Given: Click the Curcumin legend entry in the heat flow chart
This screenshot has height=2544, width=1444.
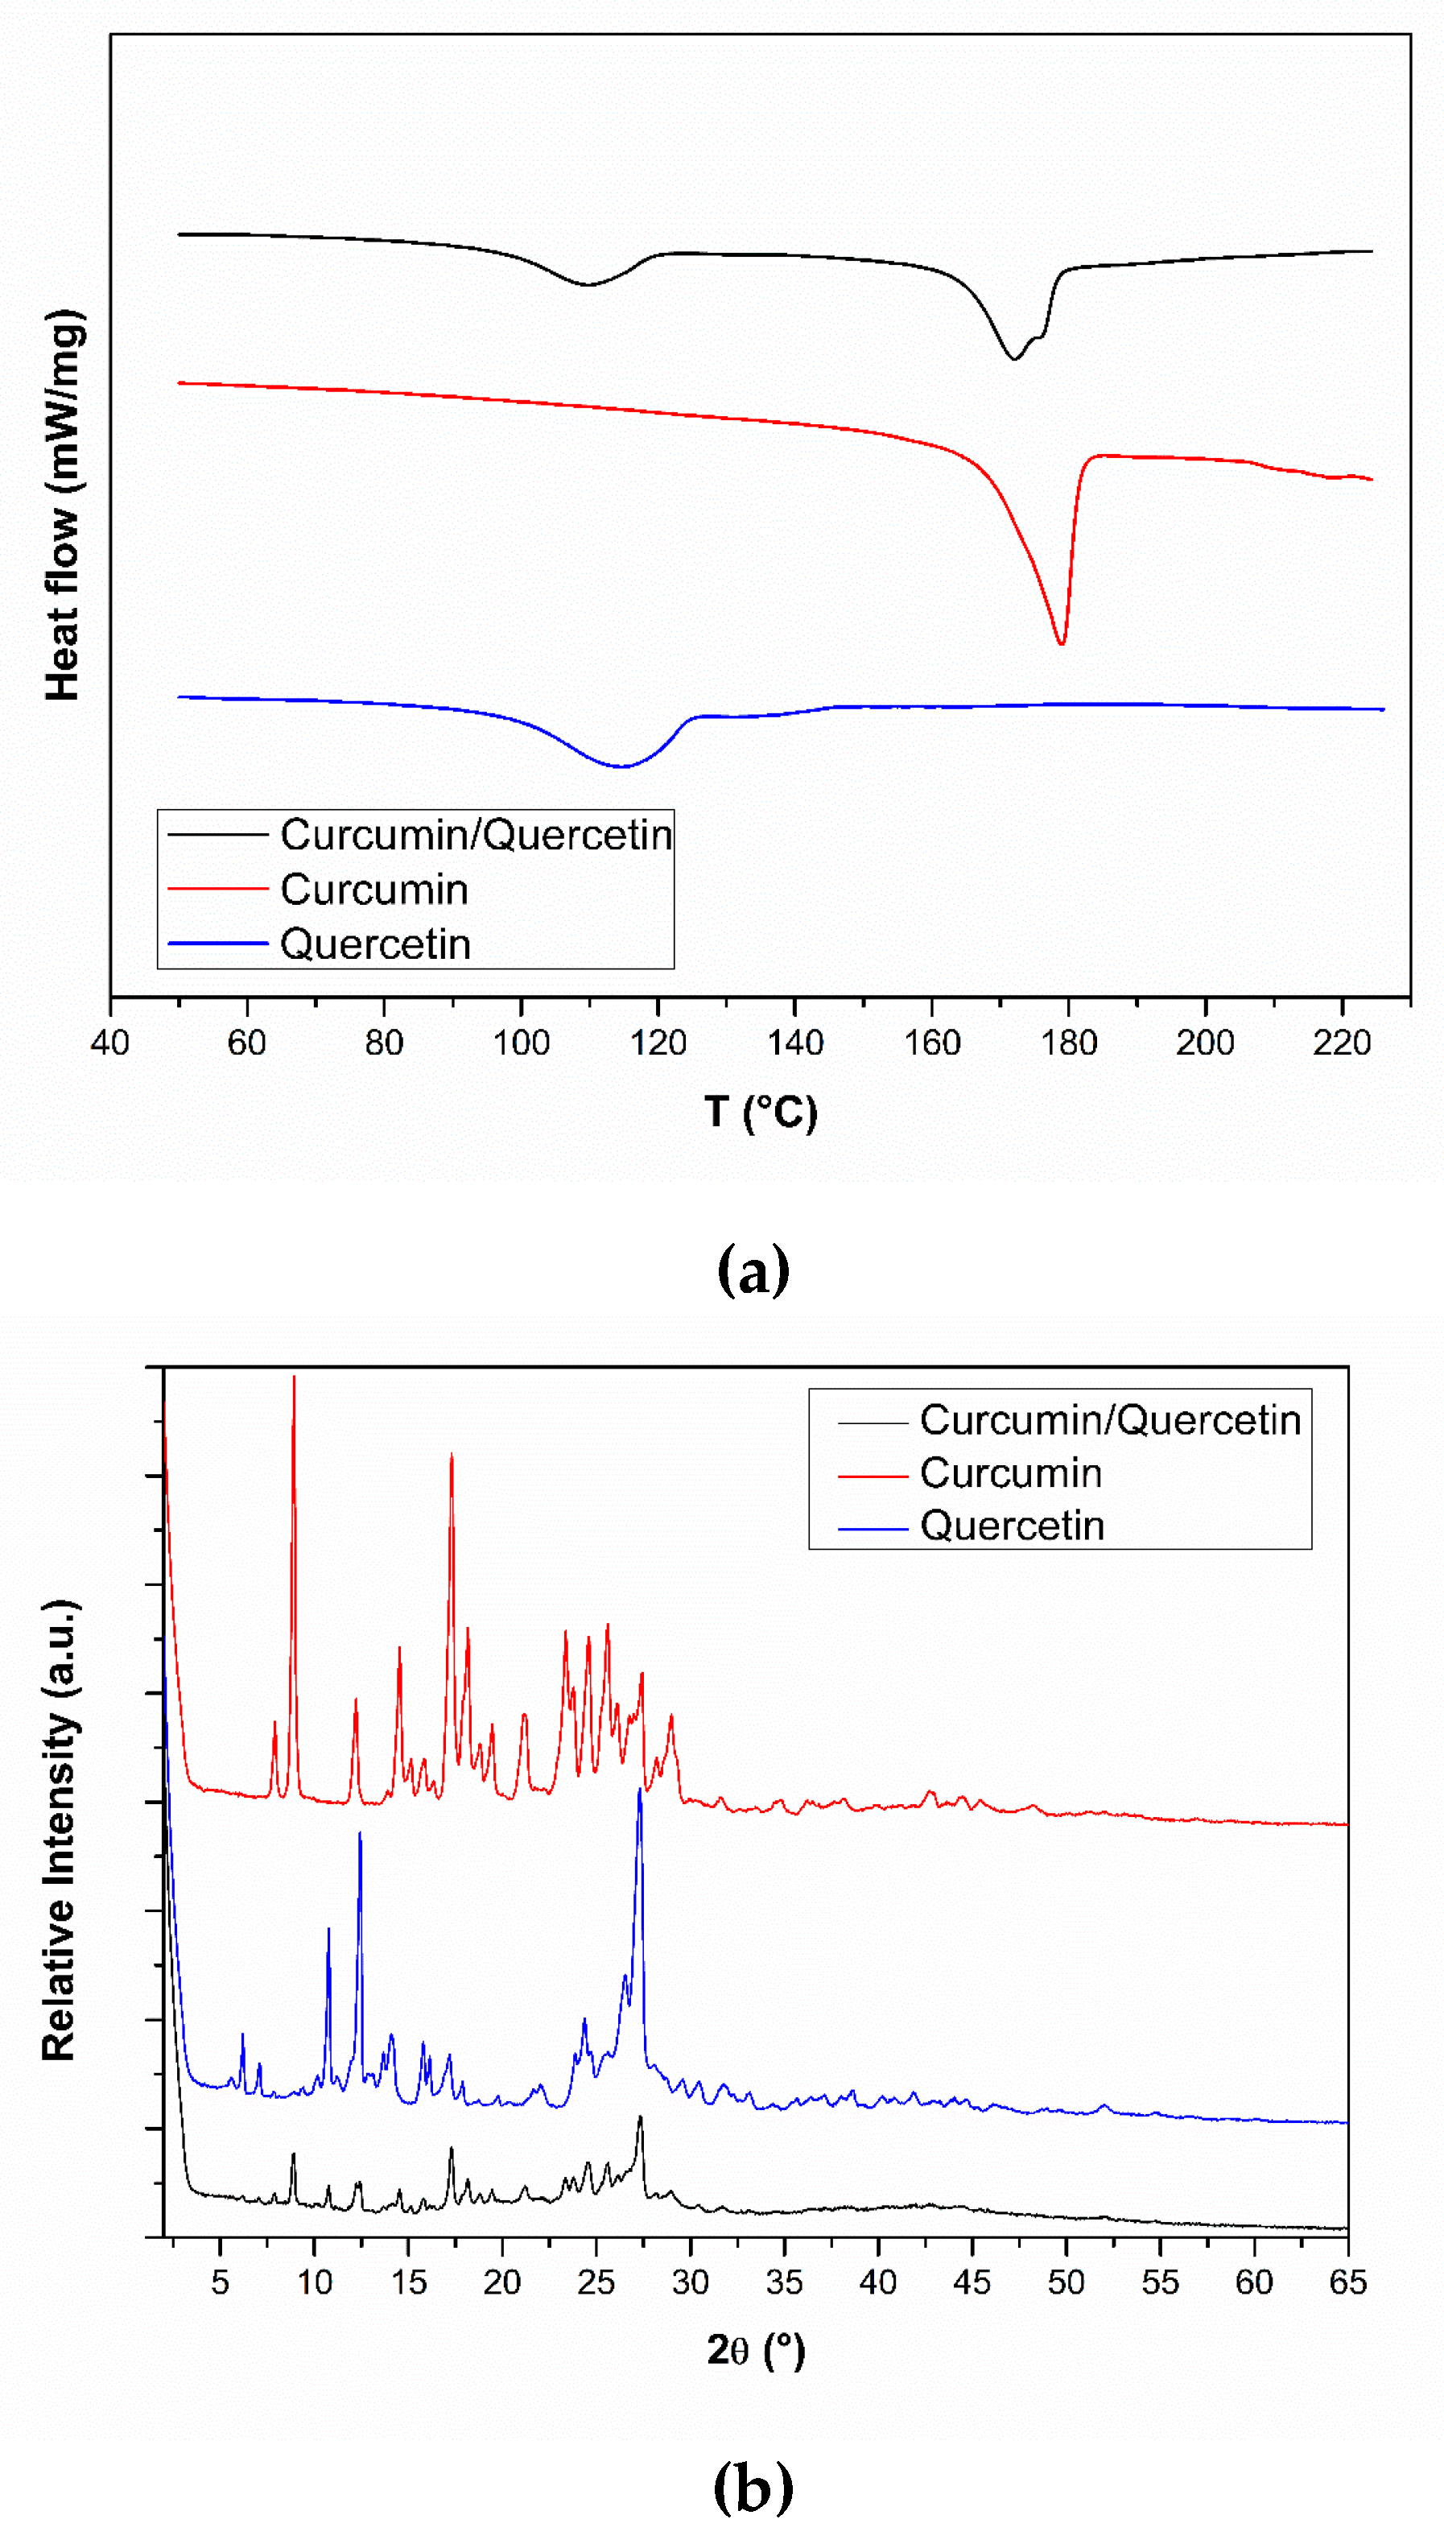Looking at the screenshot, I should coord(374,890).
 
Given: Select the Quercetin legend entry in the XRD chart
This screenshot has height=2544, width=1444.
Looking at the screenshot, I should coord(1012,1526).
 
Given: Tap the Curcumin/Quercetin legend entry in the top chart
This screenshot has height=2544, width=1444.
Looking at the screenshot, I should coord(475,835).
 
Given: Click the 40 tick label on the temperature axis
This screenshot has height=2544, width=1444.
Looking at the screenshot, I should coord(110,1043).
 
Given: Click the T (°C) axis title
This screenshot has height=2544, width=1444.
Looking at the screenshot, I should coord(761,1112).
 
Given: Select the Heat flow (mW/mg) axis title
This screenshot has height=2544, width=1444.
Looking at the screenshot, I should coord(63,506).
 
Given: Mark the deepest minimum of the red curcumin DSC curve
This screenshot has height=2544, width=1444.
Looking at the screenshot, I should coord(1061,644).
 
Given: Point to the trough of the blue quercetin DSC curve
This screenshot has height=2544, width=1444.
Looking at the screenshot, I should coord(621,766).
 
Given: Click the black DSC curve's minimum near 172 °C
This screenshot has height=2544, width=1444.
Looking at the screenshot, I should coord(1013,358).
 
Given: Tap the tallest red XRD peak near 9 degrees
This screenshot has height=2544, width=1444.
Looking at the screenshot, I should coord(294,1378).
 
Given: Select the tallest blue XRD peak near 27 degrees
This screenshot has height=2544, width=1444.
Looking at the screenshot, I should coord(640,1791).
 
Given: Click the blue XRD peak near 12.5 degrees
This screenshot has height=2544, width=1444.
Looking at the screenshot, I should coord(360,1834).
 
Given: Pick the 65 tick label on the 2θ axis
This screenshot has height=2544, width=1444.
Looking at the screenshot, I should coord(1347,2282).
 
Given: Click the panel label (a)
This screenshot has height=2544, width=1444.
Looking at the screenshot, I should coord(753,1270).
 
